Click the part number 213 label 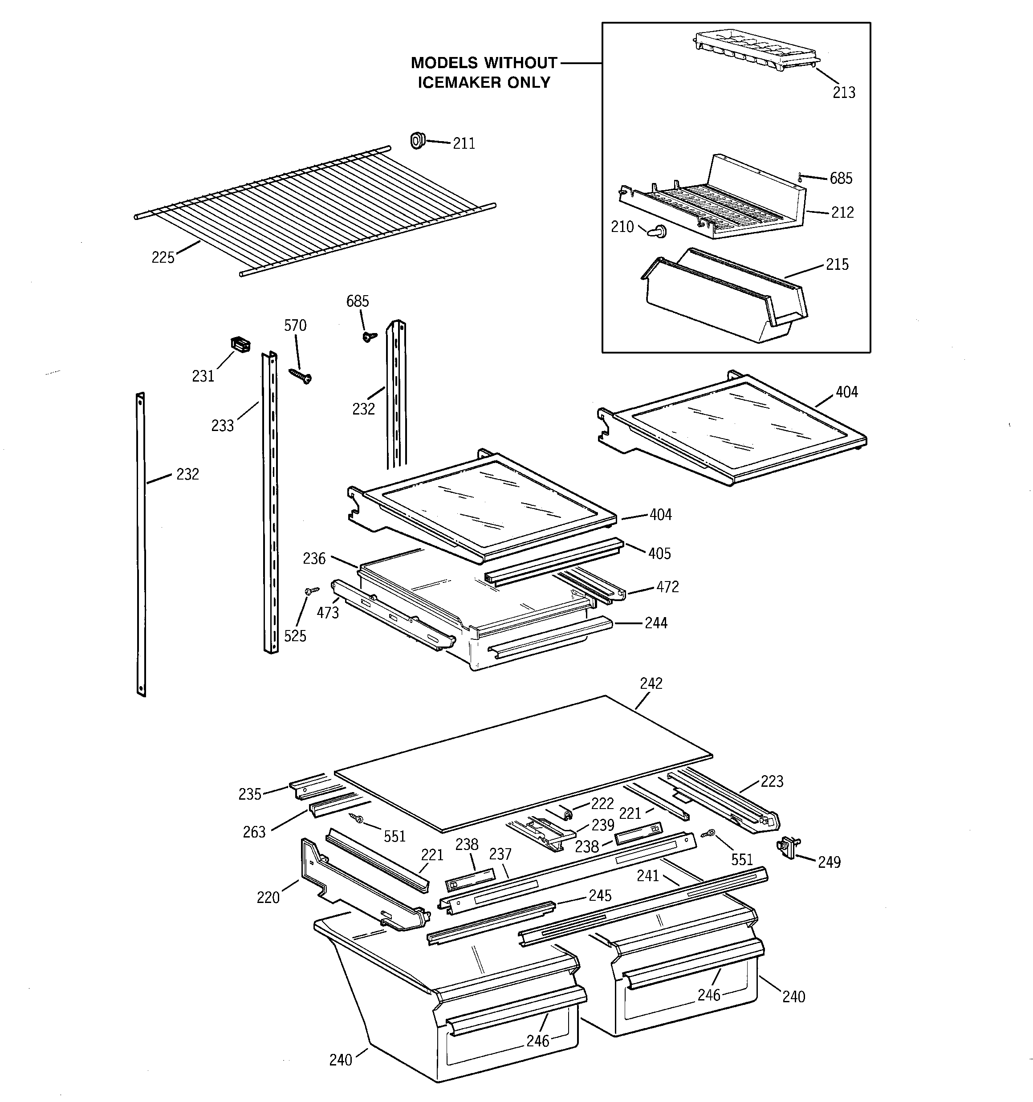[x=843, y=93]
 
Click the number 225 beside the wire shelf [x=163, y=257]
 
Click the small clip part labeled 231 [x=240, y=344]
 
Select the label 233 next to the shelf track [x=222, y=425]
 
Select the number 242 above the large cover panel [x=651, y=683]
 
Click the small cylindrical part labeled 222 [x=566, y=813]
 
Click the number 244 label [x=655, y=623]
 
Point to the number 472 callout [x=667, y=586]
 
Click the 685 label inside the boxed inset [x=841, y=179]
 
